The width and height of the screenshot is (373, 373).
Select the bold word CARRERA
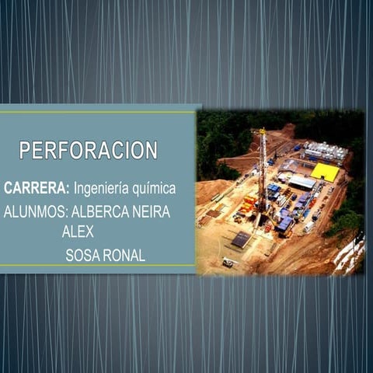click(36, 188)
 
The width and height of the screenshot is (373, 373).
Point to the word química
click(154, 189)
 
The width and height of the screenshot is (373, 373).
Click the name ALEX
click(78, 231)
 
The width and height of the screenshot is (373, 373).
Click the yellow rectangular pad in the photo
click(325, 172)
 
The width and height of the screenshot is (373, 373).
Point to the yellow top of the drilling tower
click(263, 131)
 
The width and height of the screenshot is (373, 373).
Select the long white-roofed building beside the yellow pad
click(302, 183)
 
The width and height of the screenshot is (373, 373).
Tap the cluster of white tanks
click(326, 151)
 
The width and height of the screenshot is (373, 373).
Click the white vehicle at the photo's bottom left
click(228, 262)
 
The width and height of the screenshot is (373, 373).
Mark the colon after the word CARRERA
click(69, 189)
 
